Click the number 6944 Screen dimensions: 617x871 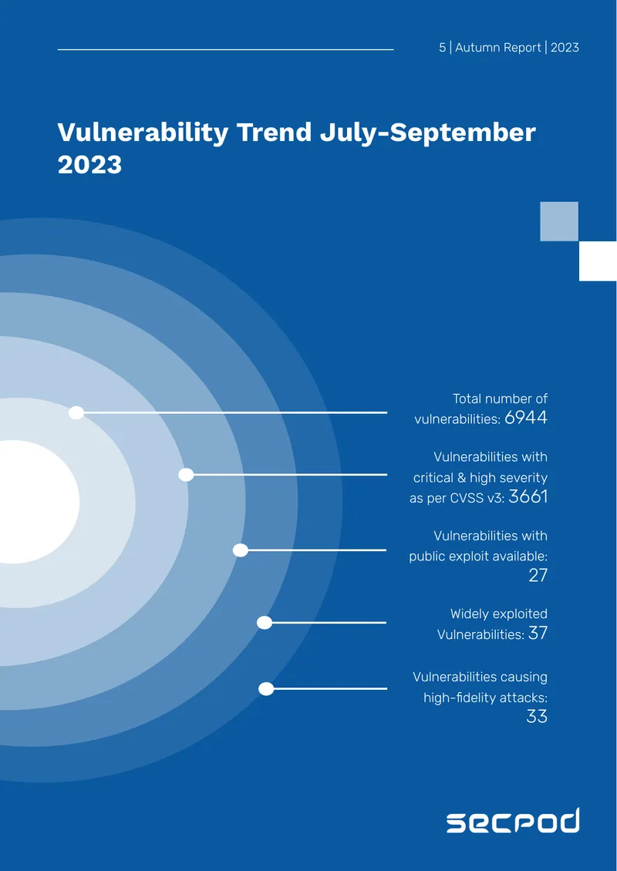coord(526,418)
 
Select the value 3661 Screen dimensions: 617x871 coord(528,496)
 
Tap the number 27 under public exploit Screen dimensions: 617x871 coord(538,576)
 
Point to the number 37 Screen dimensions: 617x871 coord(538,633)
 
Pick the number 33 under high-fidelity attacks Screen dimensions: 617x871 coord(537,717)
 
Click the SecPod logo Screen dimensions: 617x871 coord(513,820)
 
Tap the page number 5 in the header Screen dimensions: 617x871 coord(442,48)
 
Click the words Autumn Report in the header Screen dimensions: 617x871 coord(498,48)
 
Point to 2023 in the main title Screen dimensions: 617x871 coord(89,165)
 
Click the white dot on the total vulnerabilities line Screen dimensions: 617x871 coord(76,412)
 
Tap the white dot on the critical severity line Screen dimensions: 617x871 coord(186,475)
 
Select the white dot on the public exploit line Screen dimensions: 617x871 coord(240,550)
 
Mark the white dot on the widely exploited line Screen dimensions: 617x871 coord(265,623)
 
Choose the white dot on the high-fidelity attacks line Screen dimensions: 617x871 coord(266,689)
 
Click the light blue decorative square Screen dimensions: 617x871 coord(559,221)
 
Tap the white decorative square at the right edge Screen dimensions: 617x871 coord(598,261)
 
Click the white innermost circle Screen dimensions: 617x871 coord(33,502)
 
